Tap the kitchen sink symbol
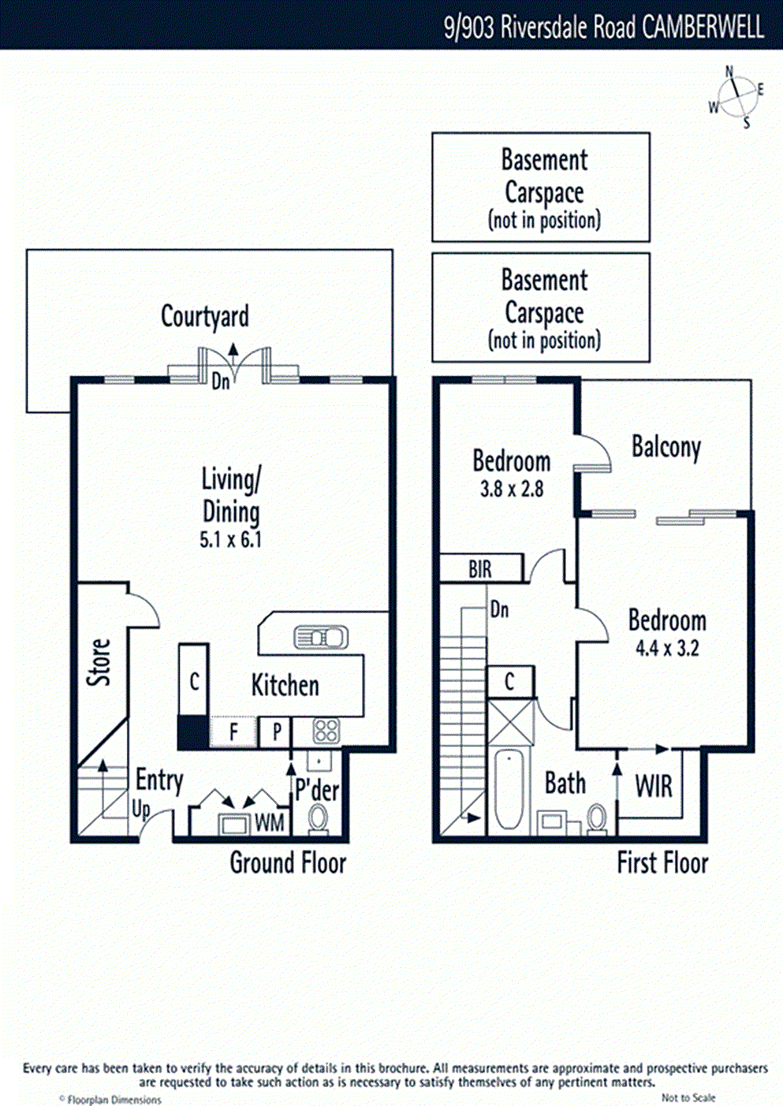[321, 637]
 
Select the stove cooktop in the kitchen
[326, 732]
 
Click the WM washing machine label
[269, 823]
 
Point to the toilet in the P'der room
[319, 819]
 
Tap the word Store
[99, 662]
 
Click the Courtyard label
[205, 316]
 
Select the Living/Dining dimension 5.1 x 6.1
[230, 540]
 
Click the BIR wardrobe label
[480, 569]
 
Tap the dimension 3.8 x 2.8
[512, 490]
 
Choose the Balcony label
[666, 447]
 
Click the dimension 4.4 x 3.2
[667, 649]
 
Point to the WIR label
[654, 786]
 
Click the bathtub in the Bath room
[509, 791]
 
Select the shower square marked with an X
[510, 721]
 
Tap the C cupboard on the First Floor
[509, 682]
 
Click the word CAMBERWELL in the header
[703, 27]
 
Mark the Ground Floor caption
[288, 863]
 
